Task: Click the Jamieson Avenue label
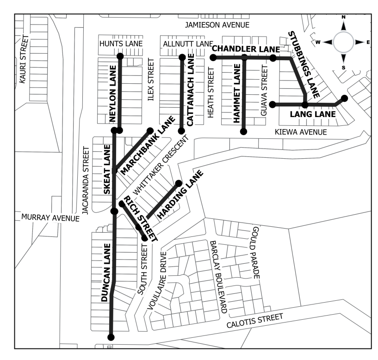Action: point(217,25)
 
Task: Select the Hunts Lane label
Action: point(121,43)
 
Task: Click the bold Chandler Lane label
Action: point(246,49)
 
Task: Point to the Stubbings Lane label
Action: point(304,65)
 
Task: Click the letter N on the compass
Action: point(344,17)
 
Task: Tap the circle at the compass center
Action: point(344,42)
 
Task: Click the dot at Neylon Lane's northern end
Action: point(120,56)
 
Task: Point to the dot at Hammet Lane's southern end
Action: point(244,132)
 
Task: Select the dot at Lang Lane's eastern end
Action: point(344,98)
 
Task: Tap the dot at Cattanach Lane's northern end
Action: point(182,57)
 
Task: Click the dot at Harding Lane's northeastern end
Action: point(179,183)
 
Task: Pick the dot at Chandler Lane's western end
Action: point(213,57)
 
